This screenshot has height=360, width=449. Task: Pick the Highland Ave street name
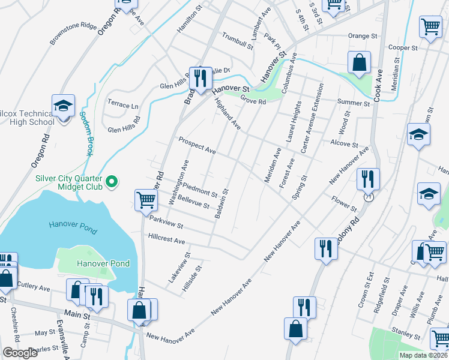(x=228, y=115)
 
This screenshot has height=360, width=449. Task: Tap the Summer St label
(x=353, y=103)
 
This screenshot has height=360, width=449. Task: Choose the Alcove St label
(x=344, y=144)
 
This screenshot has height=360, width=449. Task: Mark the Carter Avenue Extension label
(x=312, y=118)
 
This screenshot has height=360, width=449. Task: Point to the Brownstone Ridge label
(x=73, y=34)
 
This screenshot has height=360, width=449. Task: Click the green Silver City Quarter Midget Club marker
(x=111, y=181)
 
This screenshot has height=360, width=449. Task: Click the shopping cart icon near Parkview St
(x=146, y=200)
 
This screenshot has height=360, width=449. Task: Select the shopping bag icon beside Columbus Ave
(x=358, y=62)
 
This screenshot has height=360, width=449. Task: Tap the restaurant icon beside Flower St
(x=367, y=178)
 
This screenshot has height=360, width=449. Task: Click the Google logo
(x=20, y=353)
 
